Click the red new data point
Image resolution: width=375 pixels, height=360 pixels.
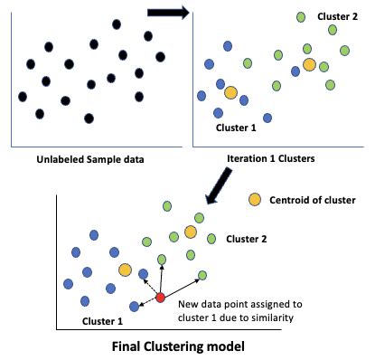click(x=160, y=298)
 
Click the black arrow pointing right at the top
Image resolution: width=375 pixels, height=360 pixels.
click(x=169, y=12)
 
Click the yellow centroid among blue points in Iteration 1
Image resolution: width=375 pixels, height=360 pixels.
click(x=230, y=92)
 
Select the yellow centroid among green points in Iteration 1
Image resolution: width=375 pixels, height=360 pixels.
click(x=309, y=64)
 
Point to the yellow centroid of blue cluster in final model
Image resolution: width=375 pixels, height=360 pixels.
click(x=125, y=270)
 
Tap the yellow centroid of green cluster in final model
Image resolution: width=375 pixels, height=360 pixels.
click(x=191, y=232)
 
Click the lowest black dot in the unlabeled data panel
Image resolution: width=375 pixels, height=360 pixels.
click(x=89, y=118)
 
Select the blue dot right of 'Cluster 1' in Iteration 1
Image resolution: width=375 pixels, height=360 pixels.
click(x=267, y=118)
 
